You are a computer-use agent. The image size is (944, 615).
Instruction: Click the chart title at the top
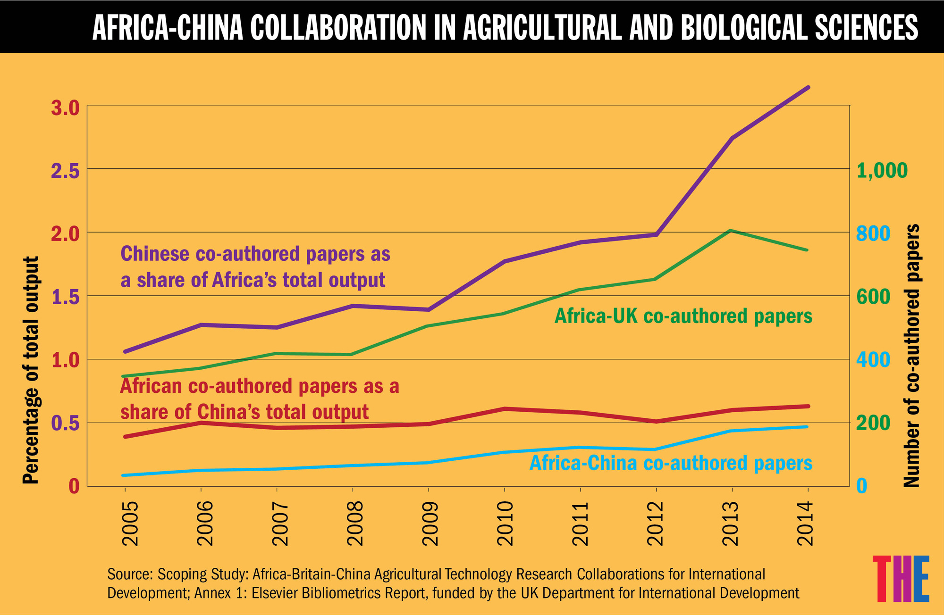pyautogui.click(x=505, y=27)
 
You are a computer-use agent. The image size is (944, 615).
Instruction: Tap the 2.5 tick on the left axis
pyautogui.click(x=65, y=171)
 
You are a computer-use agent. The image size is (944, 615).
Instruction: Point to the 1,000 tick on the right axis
pyautogui.click(x=882, y=170)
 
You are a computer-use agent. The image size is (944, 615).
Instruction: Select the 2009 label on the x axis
pyautogui.click(x=430, y=523)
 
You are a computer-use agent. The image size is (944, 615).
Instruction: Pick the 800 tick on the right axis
pyautogui.click(x=873, y=233)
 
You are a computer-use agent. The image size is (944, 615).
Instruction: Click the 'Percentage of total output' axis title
pyautogui.click(x=31, y=370)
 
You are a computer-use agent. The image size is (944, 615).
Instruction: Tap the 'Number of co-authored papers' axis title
pyautogui.click(x=911, y=356)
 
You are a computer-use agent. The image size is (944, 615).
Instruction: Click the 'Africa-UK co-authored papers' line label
pyautogui.click(x=683, y=316)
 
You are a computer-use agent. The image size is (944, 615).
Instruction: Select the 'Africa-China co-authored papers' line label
pyautogui.click(x=671, y=463)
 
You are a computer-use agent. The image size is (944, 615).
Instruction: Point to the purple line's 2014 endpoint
pyautogui.click(x=808, y=87)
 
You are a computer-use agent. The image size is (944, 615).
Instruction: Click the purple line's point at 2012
pyautogui.click(x=656, y=234)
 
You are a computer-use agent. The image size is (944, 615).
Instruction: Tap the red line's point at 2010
pyautogui.click(x=505, y=408)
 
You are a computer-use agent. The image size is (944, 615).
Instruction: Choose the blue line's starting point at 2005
pyautogui.click(x=124, y=475)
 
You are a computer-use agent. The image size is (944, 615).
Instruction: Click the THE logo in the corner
pyautogui.click(x=901, y=578)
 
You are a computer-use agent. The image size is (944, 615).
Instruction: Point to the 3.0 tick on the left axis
pyautogui.click(x=65, y=108)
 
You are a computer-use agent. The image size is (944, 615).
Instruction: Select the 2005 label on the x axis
pyautogui.click(x=130, y=523)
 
